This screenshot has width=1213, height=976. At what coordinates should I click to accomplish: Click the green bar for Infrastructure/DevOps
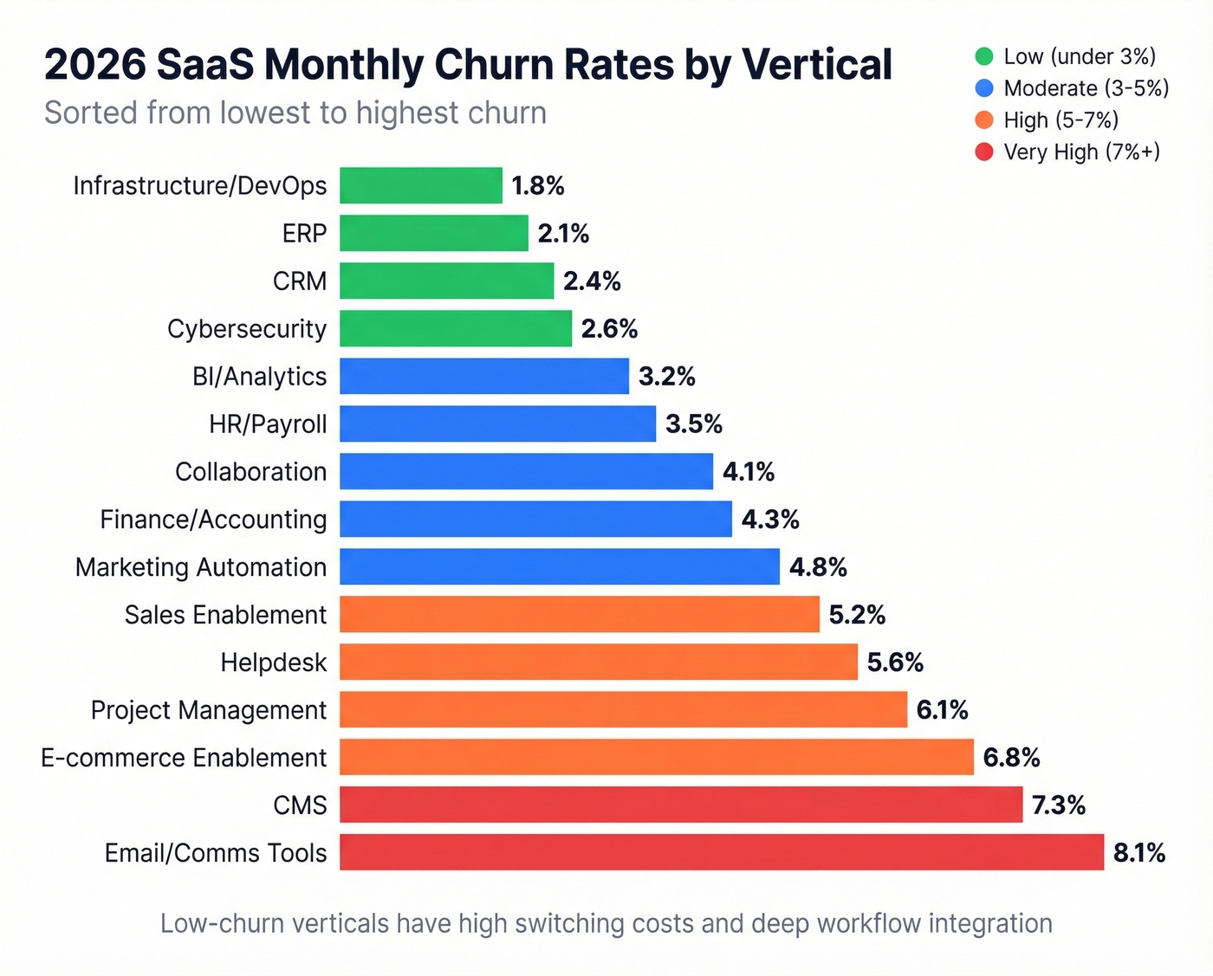420,185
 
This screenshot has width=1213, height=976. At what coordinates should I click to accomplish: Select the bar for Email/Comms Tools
721,852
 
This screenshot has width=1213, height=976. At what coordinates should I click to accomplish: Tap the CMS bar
680,805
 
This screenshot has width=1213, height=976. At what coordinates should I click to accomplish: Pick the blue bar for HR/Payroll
497,423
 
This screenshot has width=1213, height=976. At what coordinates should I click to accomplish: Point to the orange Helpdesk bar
598,662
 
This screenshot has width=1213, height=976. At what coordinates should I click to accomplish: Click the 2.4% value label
592,281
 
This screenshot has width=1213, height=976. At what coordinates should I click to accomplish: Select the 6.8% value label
1011,757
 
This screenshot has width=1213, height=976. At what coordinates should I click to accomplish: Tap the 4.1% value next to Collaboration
749,471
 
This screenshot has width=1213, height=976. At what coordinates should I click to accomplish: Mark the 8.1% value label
1138,852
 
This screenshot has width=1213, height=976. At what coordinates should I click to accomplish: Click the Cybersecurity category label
247,328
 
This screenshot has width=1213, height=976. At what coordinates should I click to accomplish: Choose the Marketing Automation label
201,566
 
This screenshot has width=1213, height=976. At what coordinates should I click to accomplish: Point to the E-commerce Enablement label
184,757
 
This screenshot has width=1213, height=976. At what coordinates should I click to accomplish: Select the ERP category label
304,233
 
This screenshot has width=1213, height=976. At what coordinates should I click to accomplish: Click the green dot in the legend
983,56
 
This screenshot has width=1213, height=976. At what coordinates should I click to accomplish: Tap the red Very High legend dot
983,152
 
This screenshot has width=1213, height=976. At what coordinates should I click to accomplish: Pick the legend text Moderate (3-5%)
1087,88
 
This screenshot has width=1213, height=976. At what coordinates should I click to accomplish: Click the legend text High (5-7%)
1061,120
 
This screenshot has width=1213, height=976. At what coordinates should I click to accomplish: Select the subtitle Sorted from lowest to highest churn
295,113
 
